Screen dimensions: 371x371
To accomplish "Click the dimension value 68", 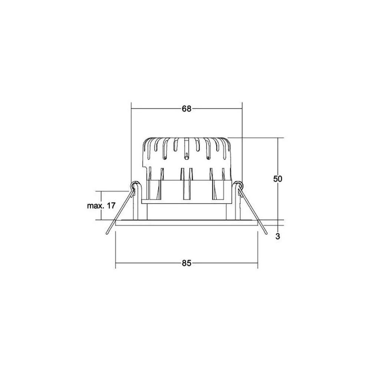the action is [x=187, y=109].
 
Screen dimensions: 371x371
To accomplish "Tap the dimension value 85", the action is [x=187, y=263].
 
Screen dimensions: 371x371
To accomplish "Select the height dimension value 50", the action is [x=278, y=179].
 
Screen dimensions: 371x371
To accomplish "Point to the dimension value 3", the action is [x=278, y=236].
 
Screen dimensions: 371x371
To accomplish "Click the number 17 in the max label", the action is [x=111, y=206].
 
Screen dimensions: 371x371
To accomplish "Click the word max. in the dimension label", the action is [x=96, y=206].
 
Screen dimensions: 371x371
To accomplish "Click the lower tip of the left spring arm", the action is [x=107, y=233].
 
